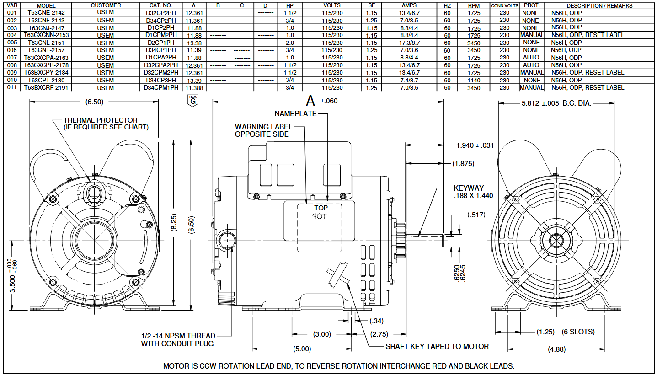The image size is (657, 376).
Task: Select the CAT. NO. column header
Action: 160,5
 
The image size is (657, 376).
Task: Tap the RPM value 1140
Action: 474,81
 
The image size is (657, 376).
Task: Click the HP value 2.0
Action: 290,43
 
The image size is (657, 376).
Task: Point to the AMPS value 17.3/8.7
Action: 409,43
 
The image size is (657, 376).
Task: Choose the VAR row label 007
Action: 12,58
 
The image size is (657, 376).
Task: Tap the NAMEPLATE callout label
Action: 295,113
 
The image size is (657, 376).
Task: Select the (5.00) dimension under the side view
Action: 302,349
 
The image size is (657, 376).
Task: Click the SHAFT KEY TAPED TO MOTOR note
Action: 437,346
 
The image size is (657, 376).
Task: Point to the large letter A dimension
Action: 311,100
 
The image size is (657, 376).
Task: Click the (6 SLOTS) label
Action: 578,332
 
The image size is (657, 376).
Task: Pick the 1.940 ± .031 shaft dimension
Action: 475,145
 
